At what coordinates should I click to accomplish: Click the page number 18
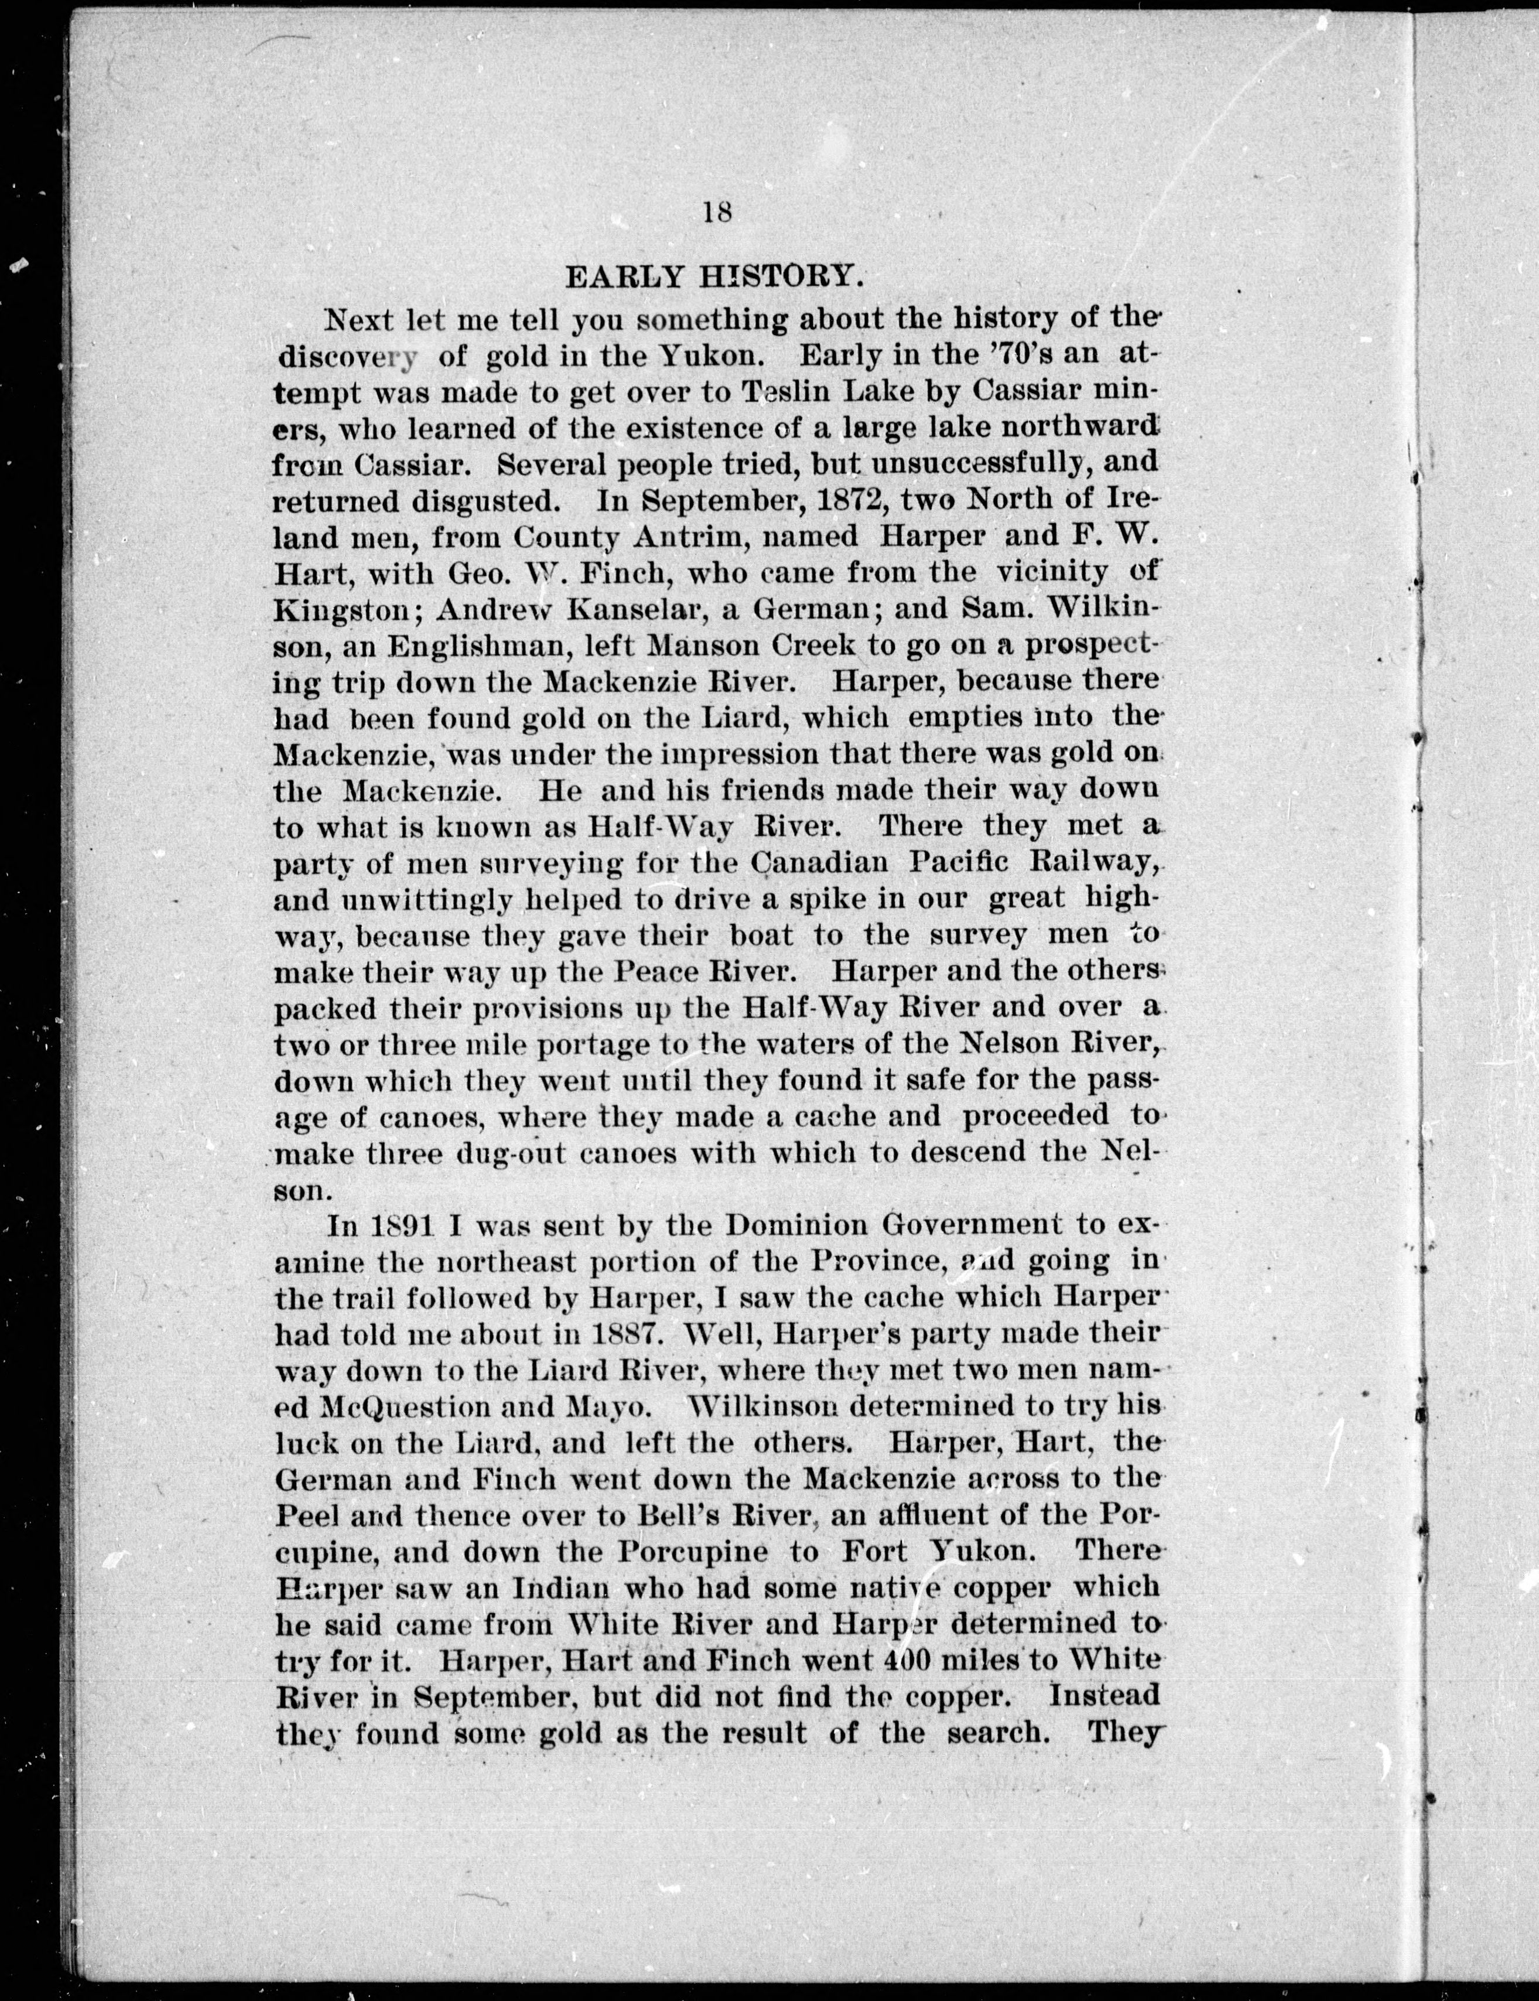click(x=716, y=213)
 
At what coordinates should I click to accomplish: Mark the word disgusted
click(x=485, y=501)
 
